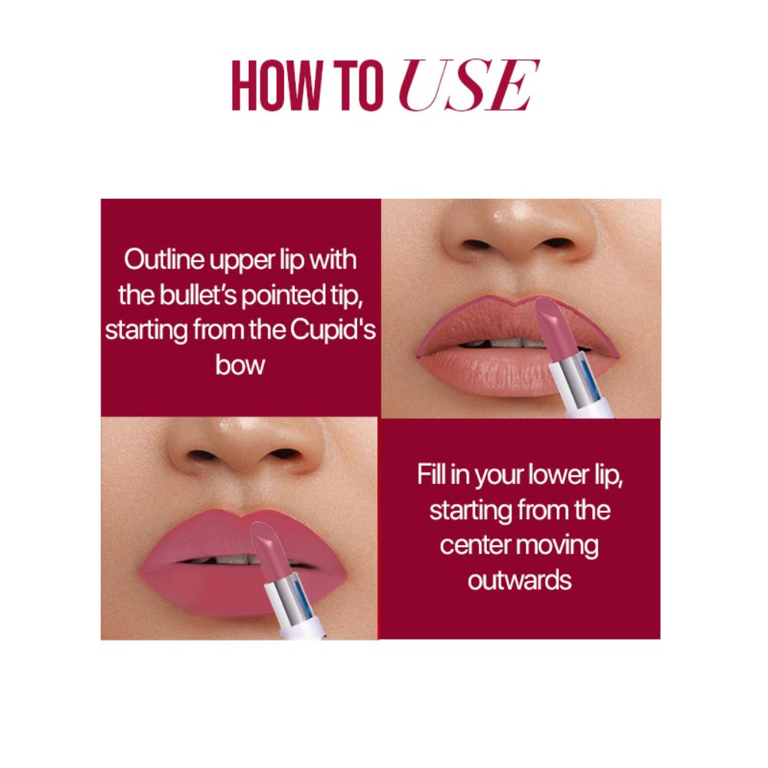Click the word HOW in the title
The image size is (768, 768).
276,86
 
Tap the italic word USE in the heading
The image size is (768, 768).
468,86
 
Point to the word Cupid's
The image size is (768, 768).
333,329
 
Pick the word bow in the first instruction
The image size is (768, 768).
240,365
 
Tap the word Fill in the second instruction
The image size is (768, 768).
431,474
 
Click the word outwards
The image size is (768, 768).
520,581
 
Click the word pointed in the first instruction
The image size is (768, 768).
284,296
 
